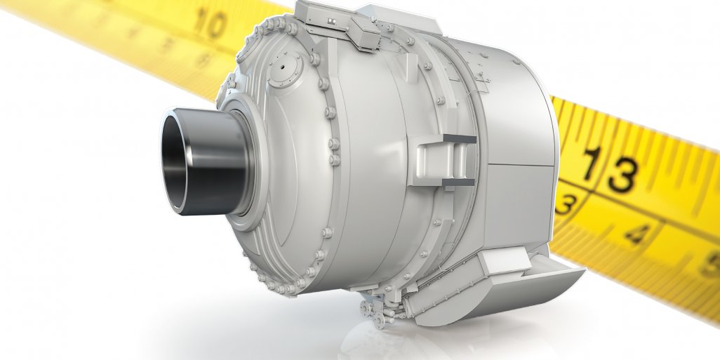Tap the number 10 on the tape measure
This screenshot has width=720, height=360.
pos(210,24)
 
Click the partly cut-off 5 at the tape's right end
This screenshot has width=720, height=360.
pos(710,267)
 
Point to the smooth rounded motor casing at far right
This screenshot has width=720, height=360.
pos(526,140)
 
